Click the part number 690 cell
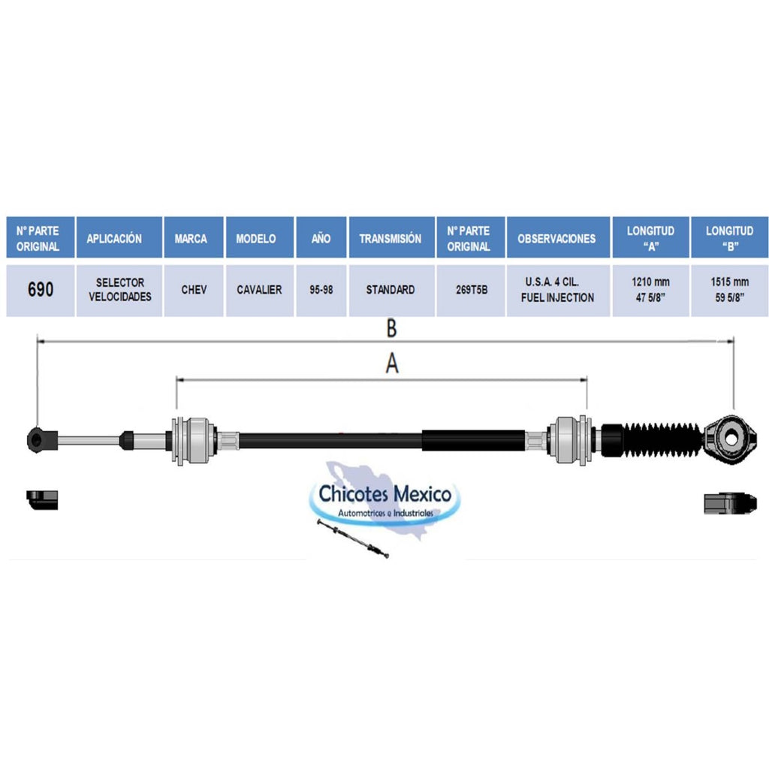[41, 290]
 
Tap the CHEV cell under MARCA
[194, 290]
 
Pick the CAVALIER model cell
[259, 290]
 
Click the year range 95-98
[321, 290]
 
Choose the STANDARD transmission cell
[391, 290]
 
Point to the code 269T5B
[472, 290]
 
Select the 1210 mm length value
[650, 282]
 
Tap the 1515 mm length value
[730, 282]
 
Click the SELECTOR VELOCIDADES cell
[119, 290]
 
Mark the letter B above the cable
[391, 328]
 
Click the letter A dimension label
[392, 363]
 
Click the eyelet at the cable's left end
[36, 440]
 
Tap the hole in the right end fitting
[731, 438]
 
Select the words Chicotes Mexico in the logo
[385, 493]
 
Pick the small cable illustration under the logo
[353, 538]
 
